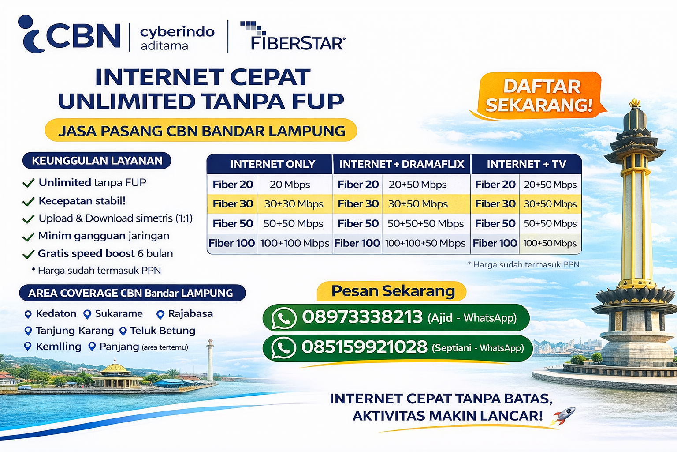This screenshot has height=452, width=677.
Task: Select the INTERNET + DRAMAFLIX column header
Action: pos(402,164)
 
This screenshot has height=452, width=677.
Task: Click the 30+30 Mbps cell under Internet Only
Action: pos(294,204)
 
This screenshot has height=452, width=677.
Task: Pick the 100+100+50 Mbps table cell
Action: pos(425,243)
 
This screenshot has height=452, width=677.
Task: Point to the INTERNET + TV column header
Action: pos(526,164)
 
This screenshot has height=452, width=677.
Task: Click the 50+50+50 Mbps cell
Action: pos(425,224)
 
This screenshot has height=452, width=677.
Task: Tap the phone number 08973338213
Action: pos(362,317)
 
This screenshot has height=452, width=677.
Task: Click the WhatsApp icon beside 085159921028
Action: pos(283,348)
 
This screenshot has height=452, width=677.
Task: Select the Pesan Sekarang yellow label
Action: pos(392,291)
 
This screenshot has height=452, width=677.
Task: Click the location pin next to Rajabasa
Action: pos(160,314)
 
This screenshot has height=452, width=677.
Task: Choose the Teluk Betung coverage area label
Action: pos(162,331)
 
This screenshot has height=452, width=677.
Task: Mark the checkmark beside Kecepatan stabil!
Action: pos(28,202)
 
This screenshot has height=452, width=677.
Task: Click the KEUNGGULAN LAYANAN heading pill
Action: pos(97,161)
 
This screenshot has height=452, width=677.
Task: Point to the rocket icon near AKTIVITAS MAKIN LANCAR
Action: pos(564,415)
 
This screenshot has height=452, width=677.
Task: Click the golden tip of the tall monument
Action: pos(635,103)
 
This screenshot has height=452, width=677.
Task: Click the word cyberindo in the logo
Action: pos(177,32)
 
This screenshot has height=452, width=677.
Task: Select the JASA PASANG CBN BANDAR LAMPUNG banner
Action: pos(201,131)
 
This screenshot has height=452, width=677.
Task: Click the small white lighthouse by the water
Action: pos(210,360)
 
